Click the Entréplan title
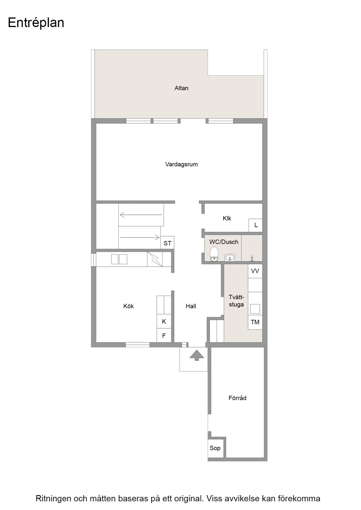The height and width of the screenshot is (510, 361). coord(36,23)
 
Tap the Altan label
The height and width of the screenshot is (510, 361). coord(181,88)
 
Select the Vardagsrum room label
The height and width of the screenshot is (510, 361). coord(181,165)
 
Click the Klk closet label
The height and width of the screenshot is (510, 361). coord(227,218)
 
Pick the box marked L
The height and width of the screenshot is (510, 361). coord(256,225)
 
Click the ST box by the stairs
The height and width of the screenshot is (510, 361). coord(167,243)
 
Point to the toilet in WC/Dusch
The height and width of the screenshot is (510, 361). coord(214,254)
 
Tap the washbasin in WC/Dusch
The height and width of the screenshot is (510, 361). coord(230,257)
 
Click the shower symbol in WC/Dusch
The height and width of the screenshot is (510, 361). coord(252,258)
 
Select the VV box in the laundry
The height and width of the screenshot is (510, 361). coord(255,271)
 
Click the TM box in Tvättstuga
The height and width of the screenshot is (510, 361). coord(255,322)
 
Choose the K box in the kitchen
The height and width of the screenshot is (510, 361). coord(164,321)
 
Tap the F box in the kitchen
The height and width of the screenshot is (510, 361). coord(164,335)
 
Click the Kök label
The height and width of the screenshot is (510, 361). coord(129,306)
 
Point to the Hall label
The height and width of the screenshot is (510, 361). coord(191,306)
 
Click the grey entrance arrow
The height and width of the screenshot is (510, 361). coord(197,356)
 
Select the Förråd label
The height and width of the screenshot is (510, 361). coord(238,398)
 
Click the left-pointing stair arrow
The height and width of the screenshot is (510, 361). coord(141,215)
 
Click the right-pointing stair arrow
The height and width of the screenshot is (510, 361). coord(140,237)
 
